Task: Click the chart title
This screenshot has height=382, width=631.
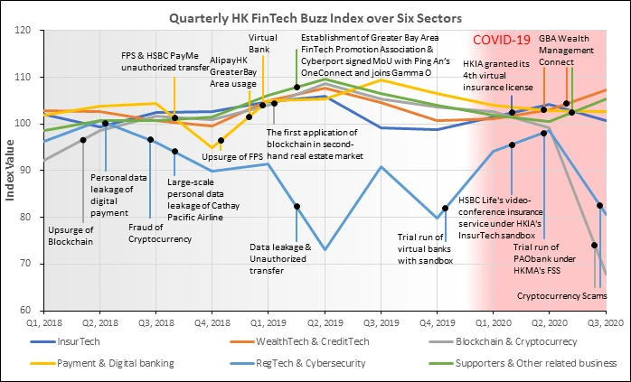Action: click(315, 18)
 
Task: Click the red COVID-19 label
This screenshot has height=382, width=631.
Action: click(502, 40)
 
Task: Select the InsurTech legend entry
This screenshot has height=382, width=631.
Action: click(65, 341)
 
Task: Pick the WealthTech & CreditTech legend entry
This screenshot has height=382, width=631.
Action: click(299, 341)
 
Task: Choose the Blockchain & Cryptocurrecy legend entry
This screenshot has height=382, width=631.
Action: click(503, 341)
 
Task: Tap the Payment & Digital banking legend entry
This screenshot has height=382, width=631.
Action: click(102, 364)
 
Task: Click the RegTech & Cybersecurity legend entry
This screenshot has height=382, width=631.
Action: click(297, 364)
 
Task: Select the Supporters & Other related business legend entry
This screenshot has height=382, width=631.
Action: click(523, 364)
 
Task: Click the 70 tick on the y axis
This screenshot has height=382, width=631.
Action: click(25, 264)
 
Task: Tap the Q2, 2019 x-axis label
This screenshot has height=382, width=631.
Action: click(325, 323)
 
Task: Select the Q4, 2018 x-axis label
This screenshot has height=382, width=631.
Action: click(212, 323)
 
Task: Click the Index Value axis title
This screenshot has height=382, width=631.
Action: click(10, 170)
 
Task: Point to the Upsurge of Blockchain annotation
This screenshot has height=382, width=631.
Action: click(71, 236)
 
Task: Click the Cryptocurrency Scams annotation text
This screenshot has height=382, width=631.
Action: click(561, 296)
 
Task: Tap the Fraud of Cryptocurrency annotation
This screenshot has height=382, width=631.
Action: click(160, 233)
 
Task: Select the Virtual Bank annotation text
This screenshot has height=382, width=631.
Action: click(262, 43)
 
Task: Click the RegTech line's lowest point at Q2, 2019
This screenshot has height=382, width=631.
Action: click(325, 250)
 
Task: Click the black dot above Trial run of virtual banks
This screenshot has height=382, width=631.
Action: click(445, 209)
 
